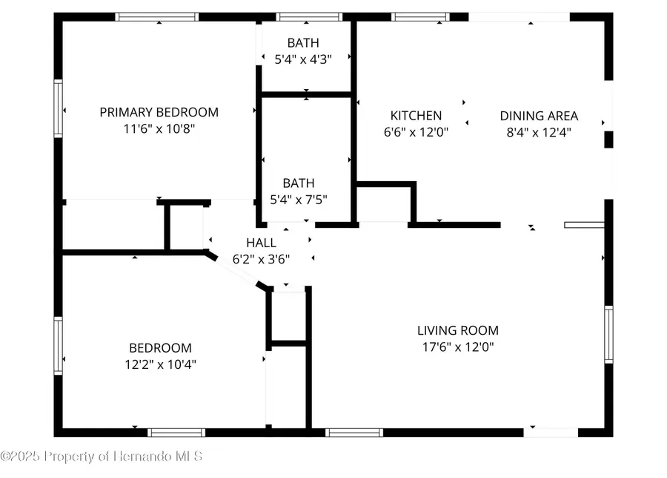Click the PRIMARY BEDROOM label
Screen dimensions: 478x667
tap(159, 113)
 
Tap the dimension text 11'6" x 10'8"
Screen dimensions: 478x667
tap(159, 128)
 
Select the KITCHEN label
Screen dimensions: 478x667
tap(416, 116)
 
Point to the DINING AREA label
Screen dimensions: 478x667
tap(539, 116)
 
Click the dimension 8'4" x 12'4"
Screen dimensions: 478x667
tap(539, 132)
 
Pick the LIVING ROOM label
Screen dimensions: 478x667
tap(457, 330)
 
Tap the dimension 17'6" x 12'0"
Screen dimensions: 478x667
tap(457, 347)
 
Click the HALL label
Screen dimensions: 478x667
tap(261, 243)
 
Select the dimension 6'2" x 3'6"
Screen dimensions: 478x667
tap(261, 259)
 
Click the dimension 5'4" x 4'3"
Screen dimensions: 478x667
tap(304, 59)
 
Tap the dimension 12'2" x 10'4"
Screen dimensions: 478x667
tap(161, 364)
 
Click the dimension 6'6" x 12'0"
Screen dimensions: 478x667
tap(416, 132)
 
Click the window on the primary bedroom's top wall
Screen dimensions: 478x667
tap(158, 16)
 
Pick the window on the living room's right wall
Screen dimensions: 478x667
tap(608, 334)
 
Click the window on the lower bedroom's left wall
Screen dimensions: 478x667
tap(58, 345)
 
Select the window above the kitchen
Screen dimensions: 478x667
tap(420, 16)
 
